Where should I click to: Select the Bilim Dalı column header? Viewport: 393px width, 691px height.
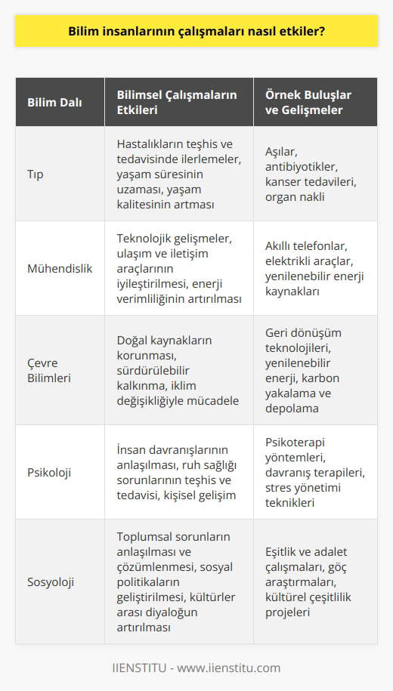click(x=54, y=101)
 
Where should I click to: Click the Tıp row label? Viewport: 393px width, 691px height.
click(x=36, y=173)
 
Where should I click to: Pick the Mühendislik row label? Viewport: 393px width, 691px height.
click(x=60, y=268)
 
